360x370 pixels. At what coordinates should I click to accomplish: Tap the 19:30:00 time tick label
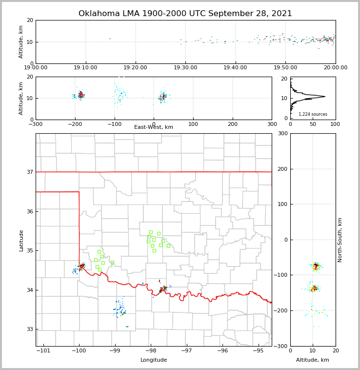tap(186, 68)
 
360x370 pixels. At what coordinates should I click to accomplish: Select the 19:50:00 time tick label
tap(285, 68)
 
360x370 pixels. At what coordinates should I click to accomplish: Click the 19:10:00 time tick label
tap(86, 68)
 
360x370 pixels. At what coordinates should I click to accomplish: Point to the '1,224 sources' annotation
tap(313, 114)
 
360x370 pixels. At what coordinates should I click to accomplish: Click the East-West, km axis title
tap(154, 127)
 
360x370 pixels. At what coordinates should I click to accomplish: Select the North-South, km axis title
tap(340, 240)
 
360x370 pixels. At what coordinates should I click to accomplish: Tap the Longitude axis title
tap(154, 360)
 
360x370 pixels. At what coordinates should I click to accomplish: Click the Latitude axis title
tap(21, 240)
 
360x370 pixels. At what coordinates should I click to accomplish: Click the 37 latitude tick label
tap(29, 172)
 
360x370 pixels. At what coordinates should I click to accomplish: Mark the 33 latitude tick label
tap(29, 329)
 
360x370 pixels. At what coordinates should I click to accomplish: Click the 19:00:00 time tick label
tap(36, 68)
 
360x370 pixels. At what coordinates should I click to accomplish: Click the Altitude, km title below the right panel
tap(313, 360)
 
